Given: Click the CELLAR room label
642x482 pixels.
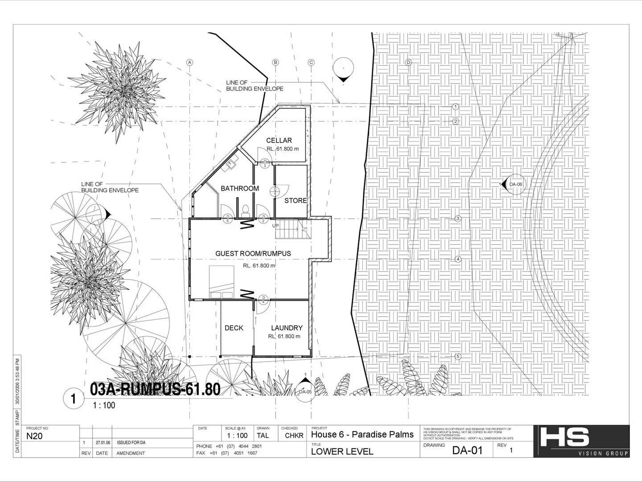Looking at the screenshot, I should tap(279, 140).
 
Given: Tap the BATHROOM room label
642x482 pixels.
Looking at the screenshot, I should tap(240, 188).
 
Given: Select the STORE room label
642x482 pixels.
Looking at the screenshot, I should tap(296, 201).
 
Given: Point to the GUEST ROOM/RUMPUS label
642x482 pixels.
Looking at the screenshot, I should tap(253, 253).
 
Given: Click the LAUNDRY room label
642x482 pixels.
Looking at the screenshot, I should tap(287, 328).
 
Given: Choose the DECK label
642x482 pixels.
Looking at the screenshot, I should tap(234, 328).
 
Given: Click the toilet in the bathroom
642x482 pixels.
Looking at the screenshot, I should tap(244, 209).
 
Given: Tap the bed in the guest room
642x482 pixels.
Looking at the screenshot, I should tap(222, 281).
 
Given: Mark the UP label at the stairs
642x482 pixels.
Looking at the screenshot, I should tap(276, 226).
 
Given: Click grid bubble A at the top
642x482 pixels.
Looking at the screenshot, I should tap(189, 62).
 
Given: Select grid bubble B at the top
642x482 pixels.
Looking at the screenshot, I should tap(276, 62).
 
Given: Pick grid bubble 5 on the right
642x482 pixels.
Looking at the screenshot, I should tap(457, 357).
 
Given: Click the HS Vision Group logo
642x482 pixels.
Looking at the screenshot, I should tap(581, 441).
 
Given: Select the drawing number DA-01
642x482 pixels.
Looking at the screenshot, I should tap(467, 450).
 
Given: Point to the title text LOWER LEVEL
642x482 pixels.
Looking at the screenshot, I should tap(342, 451).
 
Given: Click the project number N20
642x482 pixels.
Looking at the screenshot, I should tap(34, 436).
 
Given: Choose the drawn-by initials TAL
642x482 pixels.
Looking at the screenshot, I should tap(263, 436).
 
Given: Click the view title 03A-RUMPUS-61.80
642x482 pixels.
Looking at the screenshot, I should tap(155, 390).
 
